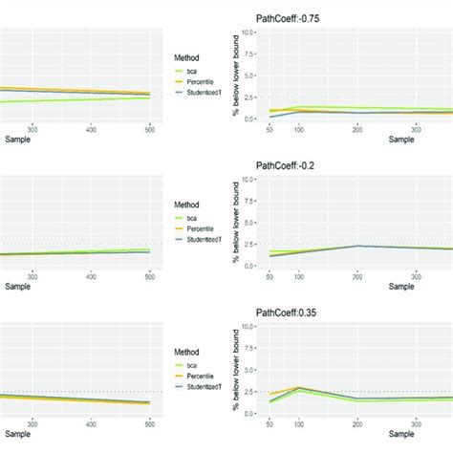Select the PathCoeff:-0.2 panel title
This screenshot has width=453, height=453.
click(290, 164)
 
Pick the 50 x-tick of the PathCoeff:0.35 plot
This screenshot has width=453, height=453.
click(271, 421)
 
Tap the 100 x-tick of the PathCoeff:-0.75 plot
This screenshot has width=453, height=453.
click(299, 127)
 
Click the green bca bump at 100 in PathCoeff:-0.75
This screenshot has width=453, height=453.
click(300, 107)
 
